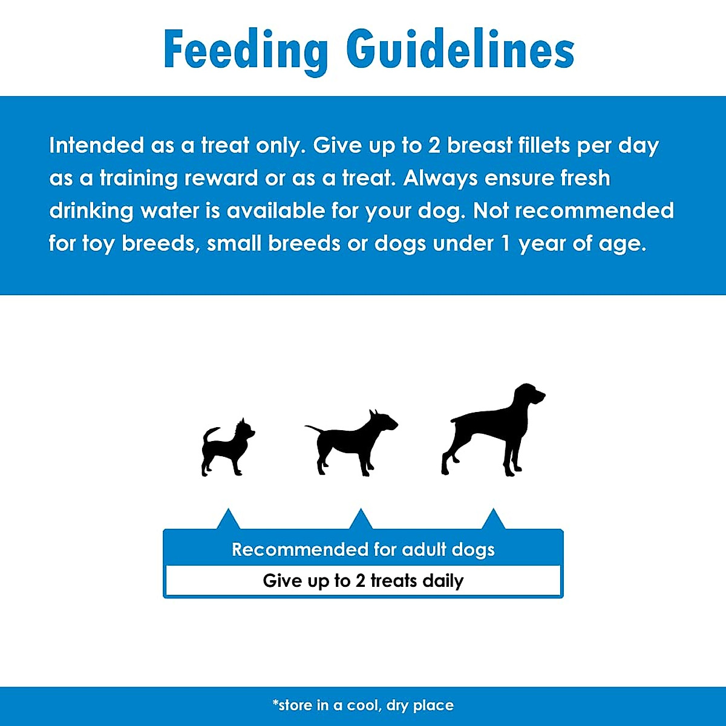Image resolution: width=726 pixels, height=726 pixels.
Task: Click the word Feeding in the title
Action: point(245,51)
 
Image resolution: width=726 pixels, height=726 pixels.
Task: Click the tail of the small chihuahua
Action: point(209,434)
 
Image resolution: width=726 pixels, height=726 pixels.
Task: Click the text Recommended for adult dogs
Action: point(363,549)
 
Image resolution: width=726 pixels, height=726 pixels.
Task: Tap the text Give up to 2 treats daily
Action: point(363,581)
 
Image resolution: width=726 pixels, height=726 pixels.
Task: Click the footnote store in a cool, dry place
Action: point(363,705)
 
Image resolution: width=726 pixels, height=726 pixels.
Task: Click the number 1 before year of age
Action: point(506,243)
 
